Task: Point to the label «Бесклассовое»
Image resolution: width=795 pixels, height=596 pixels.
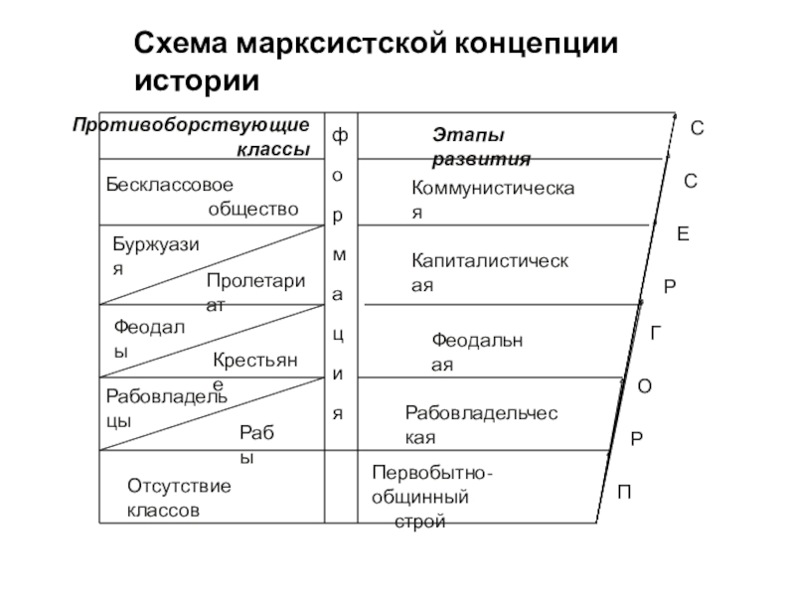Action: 170,185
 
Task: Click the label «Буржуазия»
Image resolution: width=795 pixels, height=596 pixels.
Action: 155,254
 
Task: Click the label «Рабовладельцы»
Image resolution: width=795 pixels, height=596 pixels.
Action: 165,407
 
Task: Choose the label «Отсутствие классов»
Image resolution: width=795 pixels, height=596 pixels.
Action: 179,498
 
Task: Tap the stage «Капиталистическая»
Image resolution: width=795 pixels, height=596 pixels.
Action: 490,272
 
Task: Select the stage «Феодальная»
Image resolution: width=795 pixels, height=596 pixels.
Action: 477,352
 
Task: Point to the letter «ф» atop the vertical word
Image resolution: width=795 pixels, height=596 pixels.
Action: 340,135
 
